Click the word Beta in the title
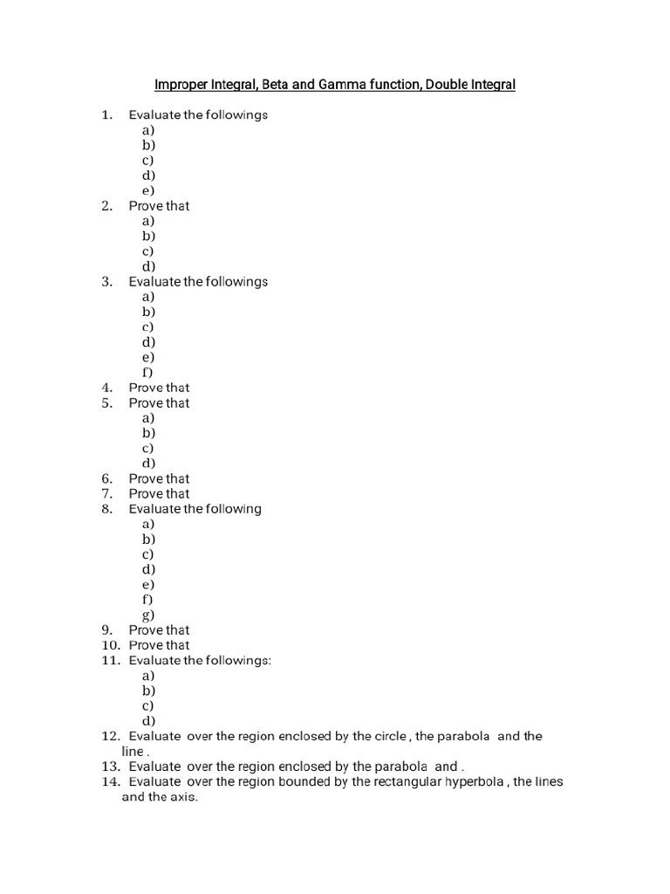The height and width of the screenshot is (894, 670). click(x=263, y=85)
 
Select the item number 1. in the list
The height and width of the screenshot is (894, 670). click(x=107, y=114)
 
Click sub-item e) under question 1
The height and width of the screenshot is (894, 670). click(x=148, y=190)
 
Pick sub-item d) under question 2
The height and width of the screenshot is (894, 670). click(x=148, y=266)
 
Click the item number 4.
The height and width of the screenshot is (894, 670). click(x=107, y=388)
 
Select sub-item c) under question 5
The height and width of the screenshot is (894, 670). click(x=148, y=448)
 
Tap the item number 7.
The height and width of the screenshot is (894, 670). click(x=107, y=494)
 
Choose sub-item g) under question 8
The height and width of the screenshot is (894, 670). click(x=148, y=615)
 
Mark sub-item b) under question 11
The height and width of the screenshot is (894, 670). click(x=148, y=691)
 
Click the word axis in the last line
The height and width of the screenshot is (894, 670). click(x=184, y=797)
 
